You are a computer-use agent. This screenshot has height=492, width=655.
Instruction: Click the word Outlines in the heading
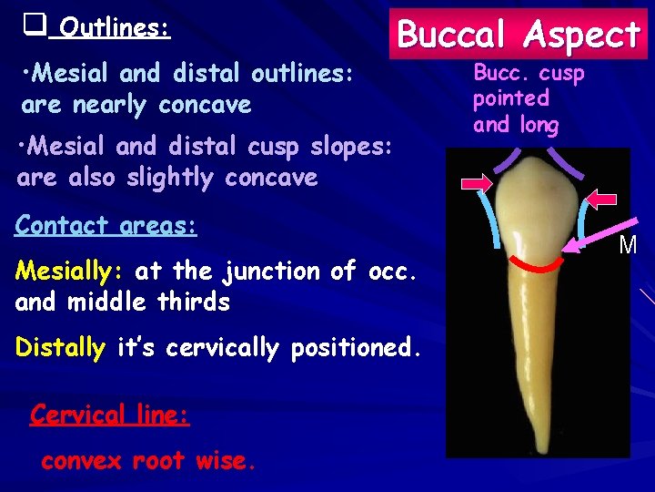114,28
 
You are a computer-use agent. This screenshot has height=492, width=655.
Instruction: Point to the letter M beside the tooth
628,245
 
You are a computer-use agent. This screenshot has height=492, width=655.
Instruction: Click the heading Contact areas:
106,224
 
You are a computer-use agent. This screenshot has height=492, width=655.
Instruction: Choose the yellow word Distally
60,347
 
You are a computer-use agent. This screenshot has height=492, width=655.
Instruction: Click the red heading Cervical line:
109,415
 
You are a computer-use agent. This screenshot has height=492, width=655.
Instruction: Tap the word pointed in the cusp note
511,97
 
